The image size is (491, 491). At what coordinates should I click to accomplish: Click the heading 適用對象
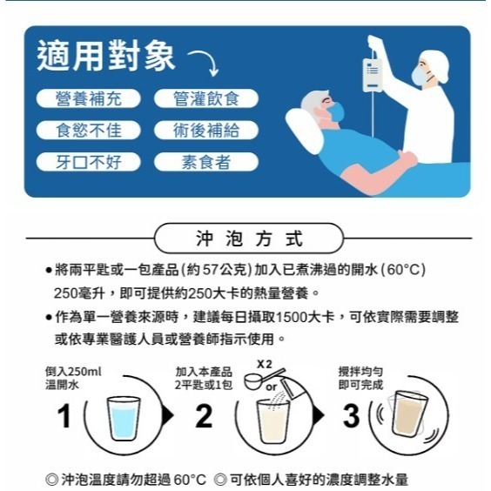click(106, 57)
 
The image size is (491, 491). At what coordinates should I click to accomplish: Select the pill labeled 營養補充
click(88, 99)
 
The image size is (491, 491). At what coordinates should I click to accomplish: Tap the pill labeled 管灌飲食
click(206, 99)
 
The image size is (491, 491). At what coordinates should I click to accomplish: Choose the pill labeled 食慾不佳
click(88, 131)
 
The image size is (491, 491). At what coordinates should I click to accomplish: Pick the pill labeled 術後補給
click(206, 131)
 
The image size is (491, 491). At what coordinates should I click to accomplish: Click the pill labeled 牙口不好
click(88, 162)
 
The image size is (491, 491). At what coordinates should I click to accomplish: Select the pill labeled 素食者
click(206, 162)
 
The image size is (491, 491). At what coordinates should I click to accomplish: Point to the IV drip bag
click(373, 75)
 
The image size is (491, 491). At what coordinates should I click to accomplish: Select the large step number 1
click(64, 417)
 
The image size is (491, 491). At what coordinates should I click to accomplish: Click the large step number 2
click(204, 417)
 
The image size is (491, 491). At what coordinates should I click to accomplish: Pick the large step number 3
click(351, 417)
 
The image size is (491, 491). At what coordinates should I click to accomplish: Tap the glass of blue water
click(128, 420)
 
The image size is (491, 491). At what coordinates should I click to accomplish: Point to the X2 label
click(266, 362)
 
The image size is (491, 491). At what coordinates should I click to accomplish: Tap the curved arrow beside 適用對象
click(202, 63)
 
